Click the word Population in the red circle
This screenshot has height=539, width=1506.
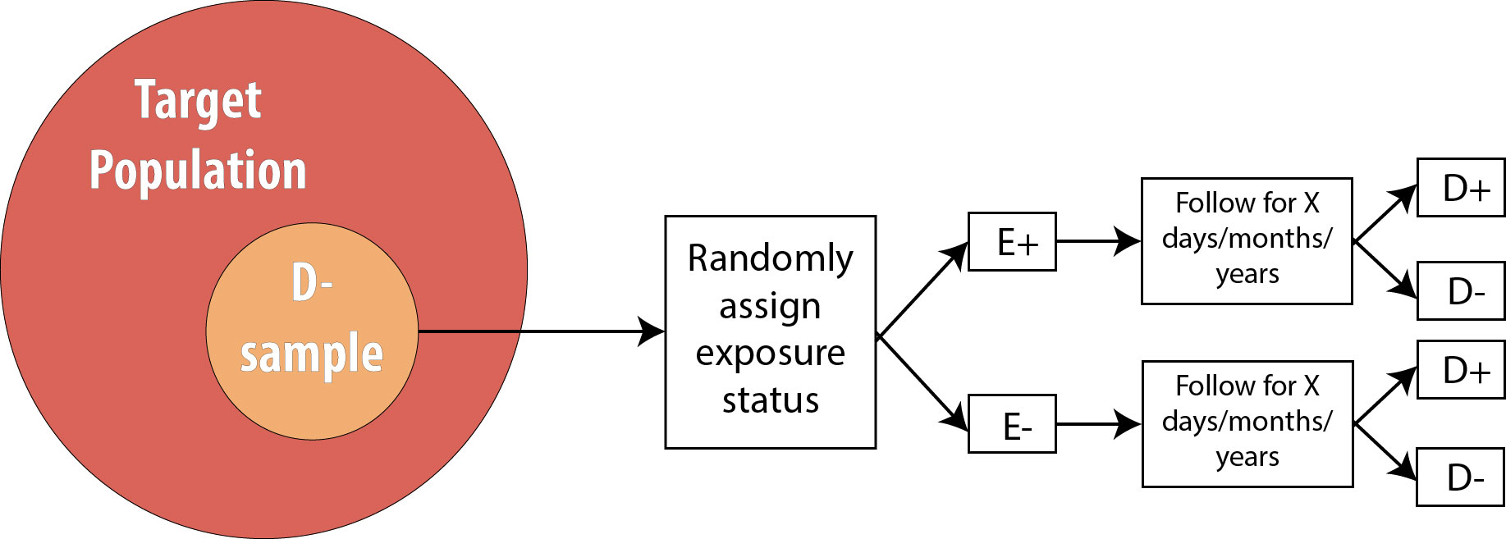[x=198, y=171]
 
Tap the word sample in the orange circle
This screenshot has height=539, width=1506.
[x=312, y=354]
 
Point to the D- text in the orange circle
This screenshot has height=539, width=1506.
[x=312, y=283]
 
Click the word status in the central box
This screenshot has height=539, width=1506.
[x=771, y=400]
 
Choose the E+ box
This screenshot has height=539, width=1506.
[x=1012, y=242]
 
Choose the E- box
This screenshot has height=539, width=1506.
[x=1012, y=424]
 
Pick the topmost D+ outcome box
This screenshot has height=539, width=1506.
[x=1461, y=188]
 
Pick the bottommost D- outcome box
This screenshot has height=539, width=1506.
[x=1461, y=477]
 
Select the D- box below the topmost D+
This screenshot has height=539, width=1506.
[x=1461, y=291]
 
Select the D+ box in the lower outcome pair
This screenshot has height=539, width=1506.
[x=1461, y=370]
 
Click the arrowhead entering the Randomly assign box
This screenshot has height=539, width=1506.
[x=652, y=331]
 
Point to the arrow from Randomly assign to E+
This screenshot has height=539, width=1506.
[x=922, y=288]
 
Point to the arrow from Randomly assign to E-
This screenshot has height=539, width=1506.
[x=922, y=382]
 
